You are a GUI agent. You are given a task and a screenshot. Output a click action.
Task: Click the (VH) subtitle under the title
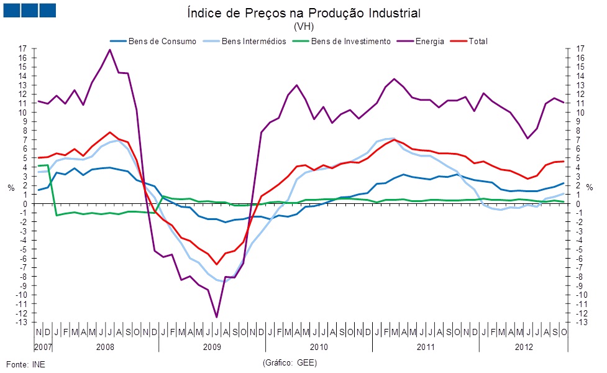303,27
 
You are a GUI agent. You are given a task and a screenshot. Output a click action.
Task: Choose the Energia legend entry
431,42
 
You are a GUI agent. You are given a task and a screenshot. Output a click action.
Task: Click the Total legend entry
478,42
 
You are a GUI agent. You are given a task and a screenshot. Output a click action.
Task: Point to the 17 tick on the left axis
23,48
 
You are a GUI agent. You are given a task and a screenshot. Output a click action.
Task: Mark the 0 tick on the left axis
25,203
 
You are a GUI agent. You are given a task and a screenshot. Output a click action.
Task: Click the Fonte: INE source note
25,364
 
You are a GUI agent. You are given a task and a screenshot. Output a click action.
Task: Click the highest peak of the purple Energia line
110,50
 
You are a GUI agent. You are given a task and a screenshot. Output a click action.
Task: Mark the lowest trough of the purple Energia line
217,317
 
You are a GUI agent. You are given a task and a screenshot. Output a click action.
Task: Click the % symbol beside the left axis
11,188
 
